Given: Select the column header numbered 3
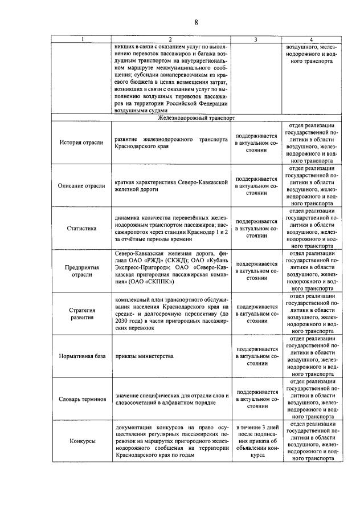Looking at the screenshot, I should click(x=255, y=39).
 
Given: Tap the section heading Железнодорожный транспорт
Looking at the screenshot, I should click(x=195, y=118).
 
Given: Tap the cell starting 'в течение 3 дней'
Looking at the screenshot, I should click(x=256, y=441).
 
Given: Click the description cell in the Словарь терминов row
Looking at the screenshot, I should click(x=171, y=399).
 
